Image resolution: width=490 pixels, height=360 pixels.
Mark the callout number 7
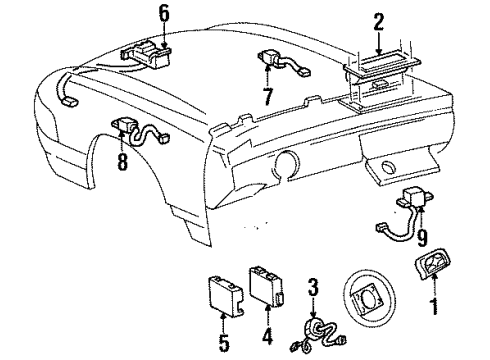pyautogui.click(x=266, y=96)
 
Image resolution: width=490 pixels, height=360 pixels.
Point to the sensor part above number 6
pyautogui.click(x=151, y=50)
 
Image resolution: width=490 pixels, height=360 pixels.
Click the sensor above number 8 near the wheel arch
pyautogui.click(x=127, y=127)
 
